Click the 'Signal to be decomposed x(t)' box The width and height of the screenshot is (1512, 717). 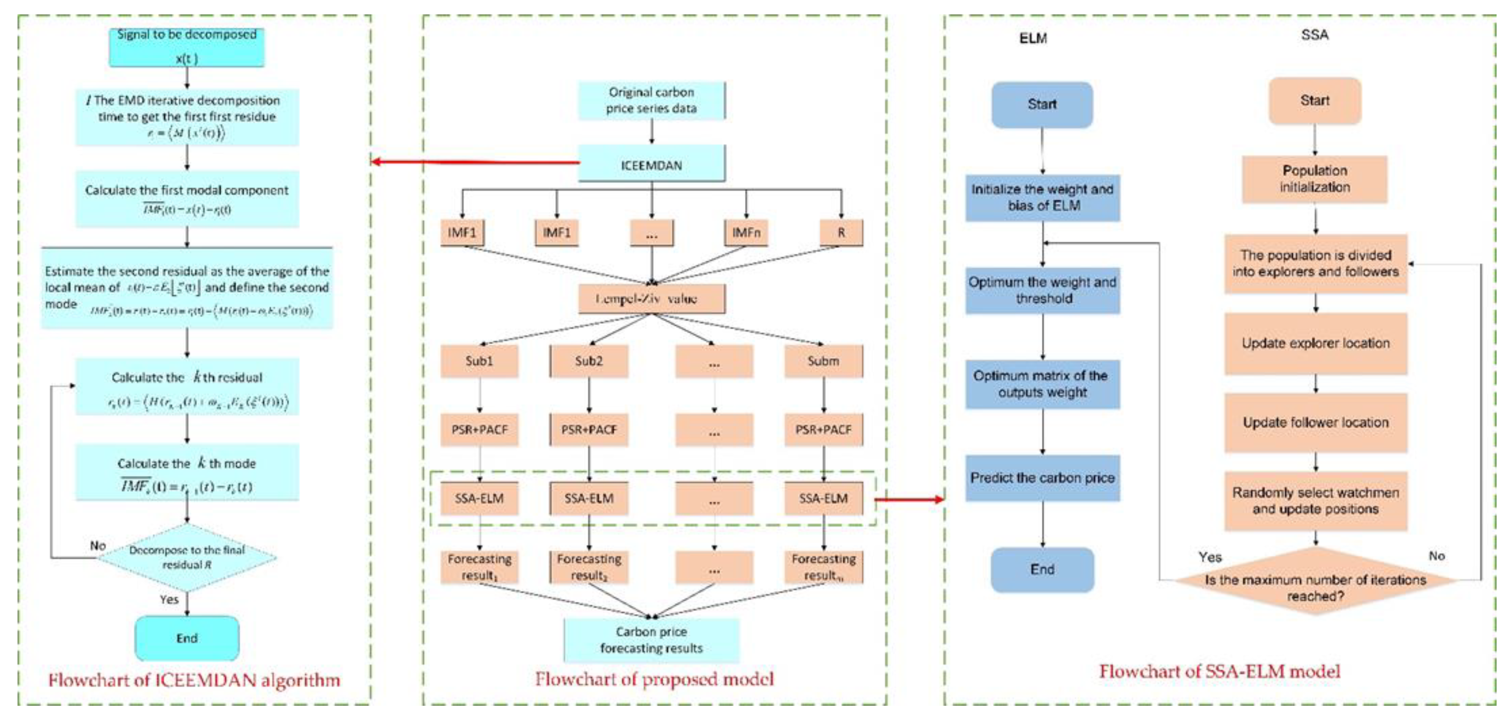pyautogui.click(x=187, y=47)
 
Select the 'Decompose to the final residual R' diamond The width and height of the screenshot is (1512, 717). pyautogui.click(x=187, y=557)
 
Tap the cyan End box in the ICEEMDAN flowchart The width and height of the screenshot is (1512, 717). pyautogui.click(x=187, y=638)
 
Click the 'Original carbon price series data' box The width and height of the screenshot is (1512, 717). pyautogui.click(x=652, y=100)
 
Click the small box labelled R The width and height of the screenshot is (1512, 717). pyautogui.click(x=841, y=233)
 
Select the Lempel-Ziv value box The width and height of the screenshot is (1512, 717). pyautogui.click(x=652, y=299)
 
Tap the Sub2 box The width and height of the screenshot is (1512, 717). pyautogui.click(x=589, y=361)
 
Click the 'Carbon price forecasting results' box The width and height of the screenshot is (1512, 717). pyautogui.click(x=652, y=640)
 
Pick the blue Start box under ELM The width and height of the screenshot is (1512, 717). pyautogui.click(x=1042, y=104)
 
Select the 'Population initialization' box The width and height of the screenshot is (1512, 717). pyautogui.click(x=1315, y=179)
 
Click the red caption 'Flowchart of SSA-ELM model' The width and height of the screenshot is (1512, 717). pyautogui.click(x=1219, y=671)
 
